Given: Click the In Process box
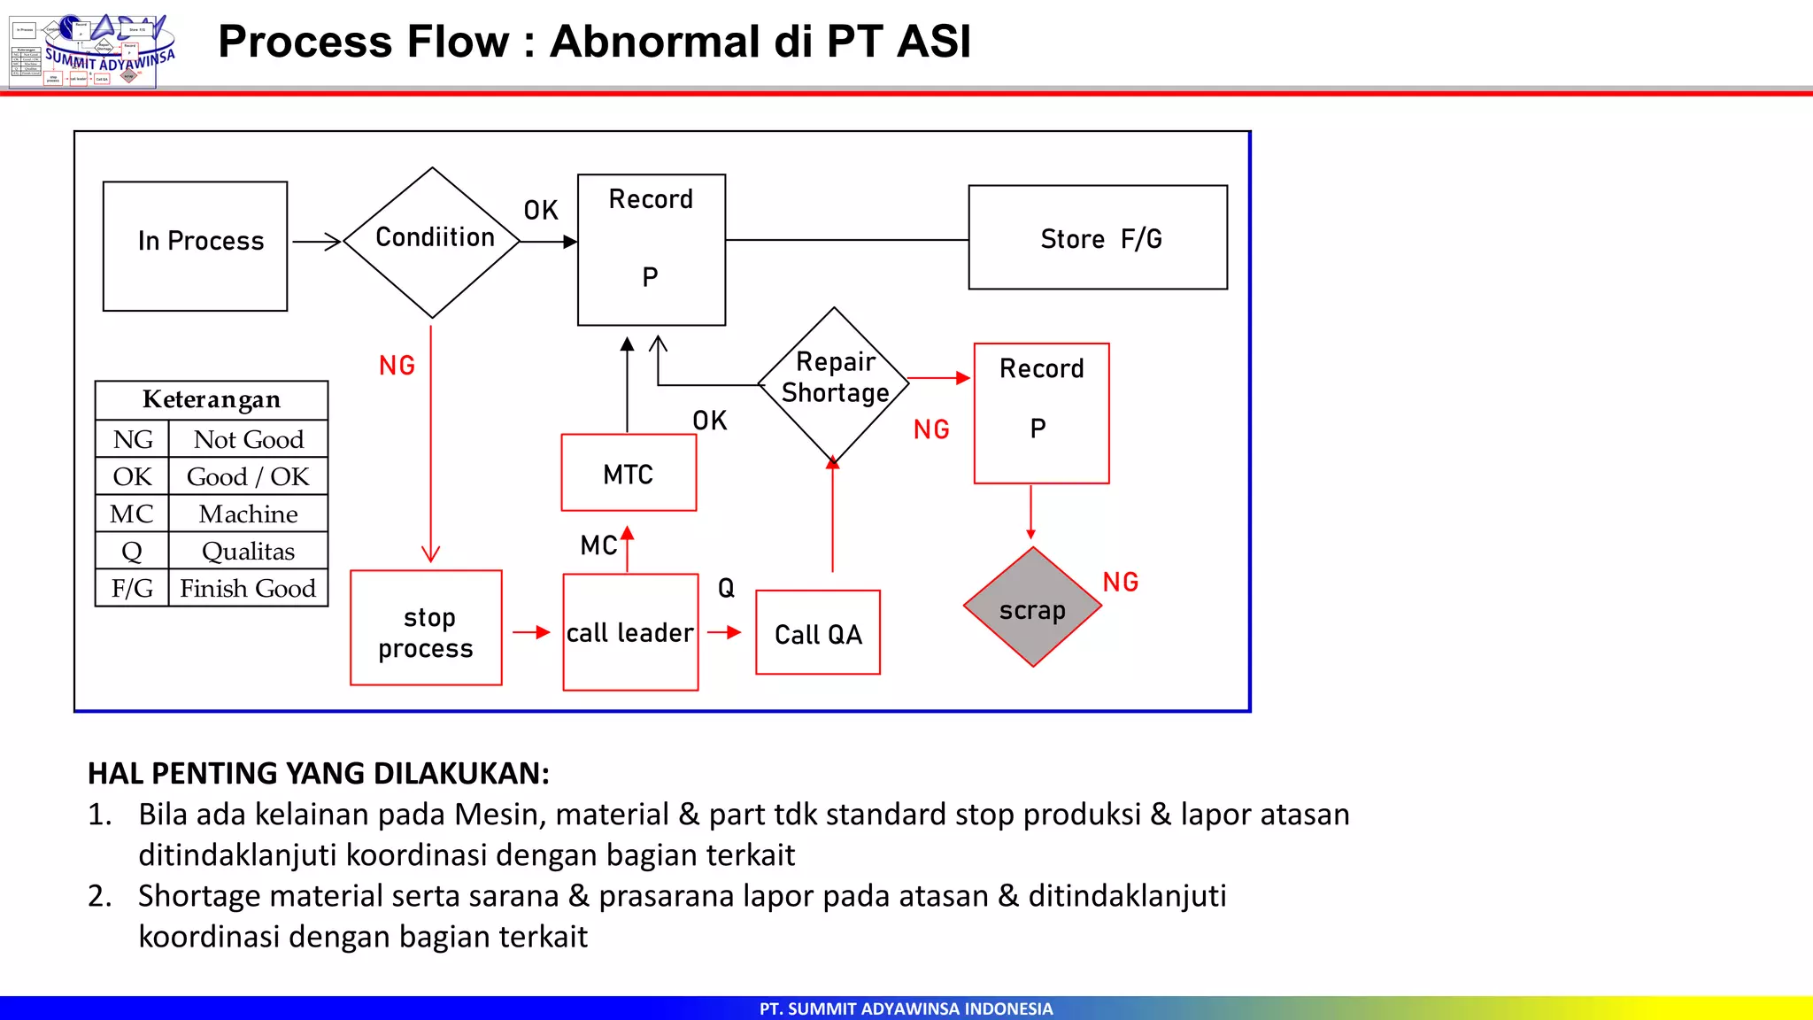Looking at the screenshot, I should point(195,245).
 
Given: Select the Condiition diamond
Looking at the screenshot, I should point(432,242).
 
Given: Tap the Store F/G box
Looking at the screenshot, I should point(1098,237).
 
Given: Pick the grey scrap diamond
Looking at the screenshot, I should point(1032,607).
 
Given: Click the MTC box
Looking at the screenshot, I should point(629,473).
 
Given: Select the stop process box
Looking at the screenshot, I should point(426,628).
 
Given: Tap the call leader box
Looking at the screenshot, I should point(630,632).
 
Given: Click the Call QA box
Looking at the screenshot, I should point(818,632).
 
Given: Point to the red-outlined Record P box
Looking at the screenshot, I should point(1041,413).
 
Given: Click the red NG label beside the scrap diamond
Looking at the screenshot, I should point(1120,582).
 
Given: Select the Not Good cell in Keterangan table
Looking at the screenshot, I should point(248,439).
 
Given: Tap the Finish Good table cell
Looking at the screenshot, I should point(248,588).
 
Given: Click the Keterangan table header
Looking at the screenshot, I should point(212,399).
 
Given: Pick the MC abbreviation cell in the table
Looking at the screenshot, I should point(132,514).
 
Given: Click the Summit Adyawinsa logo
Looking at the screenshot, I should point(93,50).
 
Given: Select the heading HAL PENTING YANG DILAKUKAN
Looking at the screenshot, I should point(319,773).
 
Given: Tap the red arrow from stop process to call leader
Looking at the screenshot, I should point(532,632).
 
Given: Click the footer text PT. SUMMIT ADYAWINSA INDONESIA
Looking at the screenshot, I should point(906,1008).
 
